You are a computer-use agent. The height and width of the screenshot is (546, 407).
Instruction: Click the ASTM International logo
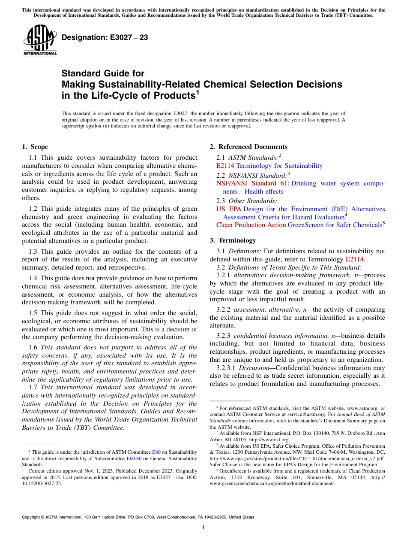[x=40, y=41]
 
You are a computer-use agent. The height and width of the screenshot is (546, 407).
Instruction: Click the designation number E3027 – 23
[x=105, y=38]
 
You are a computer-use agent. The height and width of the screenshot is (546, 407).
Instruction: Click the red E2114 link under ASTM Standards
[x=225, y=166]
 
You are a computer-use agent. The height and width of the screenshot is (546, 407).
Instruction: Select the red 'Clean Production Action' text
[x=251, y=225]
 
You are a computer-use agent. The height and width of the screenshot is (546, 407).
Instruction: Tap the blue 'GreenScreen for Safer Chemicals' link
[x=335, y=225]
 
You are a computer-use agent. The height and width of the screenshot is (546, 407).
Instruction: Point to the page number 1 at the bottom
[x=203, y=528]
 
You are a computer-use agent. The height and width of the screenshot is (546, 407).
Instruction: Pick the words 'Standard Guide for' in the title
[x=103, y=73]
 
